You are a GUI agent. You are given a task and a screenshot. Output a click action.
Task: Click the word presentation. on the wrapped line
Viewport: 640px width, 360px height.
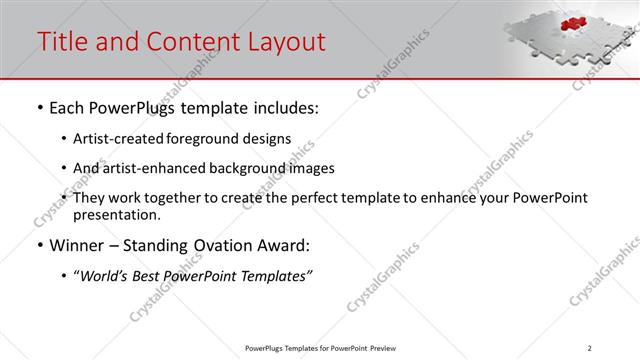116,214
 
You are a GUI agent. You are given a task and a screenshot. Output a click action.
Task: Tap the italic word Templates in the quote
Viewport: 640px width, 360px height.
274,276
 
